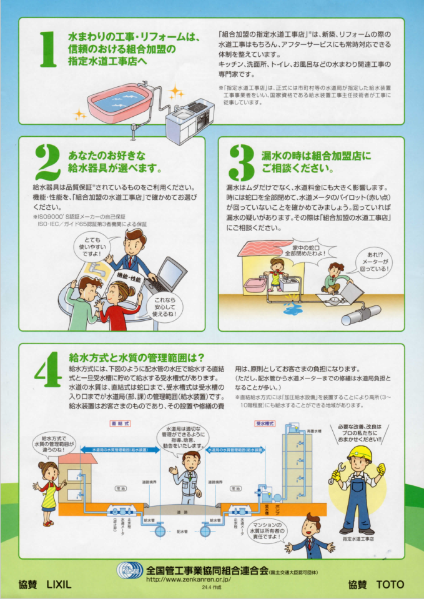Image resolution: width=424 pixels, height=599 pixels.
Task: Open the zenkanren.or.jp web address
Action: pyautogui.click(x=188, y=580)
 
